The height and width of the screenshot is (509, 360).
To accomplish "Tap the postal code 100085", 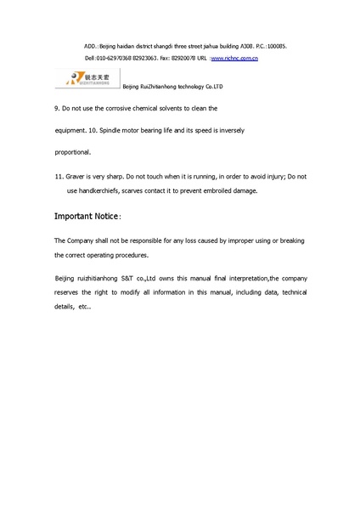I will [276, 44].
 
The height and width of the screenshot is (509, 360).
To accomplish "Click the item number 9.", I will [56, 109].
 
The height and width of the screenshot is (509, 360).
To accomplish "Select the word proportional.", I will [72, 152].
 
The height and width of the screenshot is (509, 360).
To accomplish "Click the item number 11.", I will [59, 176].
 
